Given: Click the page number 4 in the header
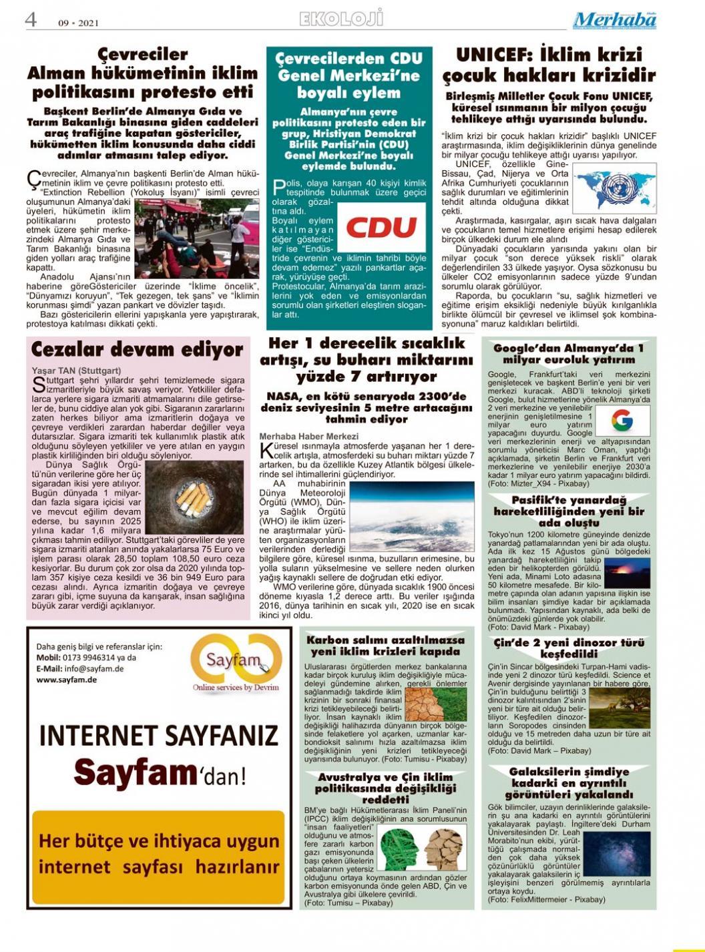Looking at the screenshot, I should pos(31,19).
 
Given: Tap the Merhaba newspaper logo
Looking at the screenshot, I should pos(614,20).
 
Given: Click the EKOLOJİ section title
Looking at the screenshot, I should pos(341,18).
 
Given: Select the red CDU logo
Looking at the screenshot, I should pos(381,227).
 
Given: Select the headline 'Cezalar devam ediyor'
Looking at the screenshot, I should pos(137,349).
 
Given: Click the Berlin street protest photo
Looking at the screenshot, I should pos(197,238).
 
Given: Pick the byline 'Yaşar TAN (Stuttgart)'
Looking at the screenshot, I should pos(76,371).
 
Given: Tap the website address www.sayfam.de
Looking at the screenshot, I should pos(67,680).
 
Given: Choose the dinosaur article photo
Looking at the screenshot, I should pos(619,707).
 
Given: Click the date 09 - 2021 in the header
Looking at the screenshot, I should pos(78,23).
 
